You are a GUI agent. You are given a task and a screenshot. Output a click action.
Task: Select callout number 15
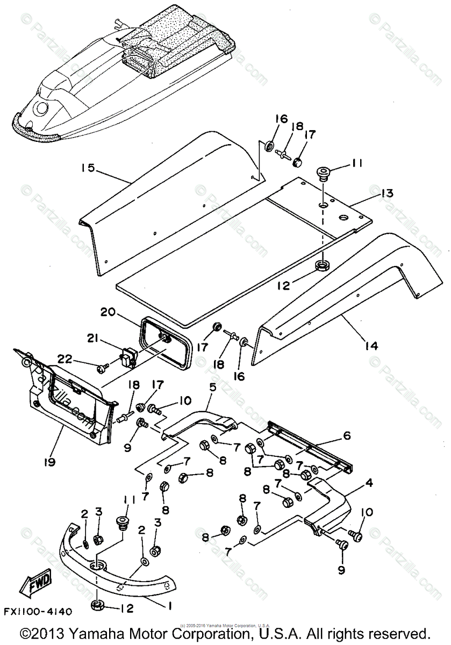[x=88, y=168]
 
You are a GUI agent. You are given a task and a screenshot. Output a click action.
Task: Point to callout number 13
[x=386, y=193]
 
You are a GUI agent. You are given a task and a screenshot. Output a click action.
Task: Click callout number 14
[x=371, y=346]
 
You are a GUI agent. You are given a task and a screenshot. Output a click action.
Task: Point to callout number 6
[x=347, y=435]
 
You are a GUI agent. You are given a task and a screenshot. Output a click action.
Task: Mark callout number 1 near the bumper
[x=169, y=606]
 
